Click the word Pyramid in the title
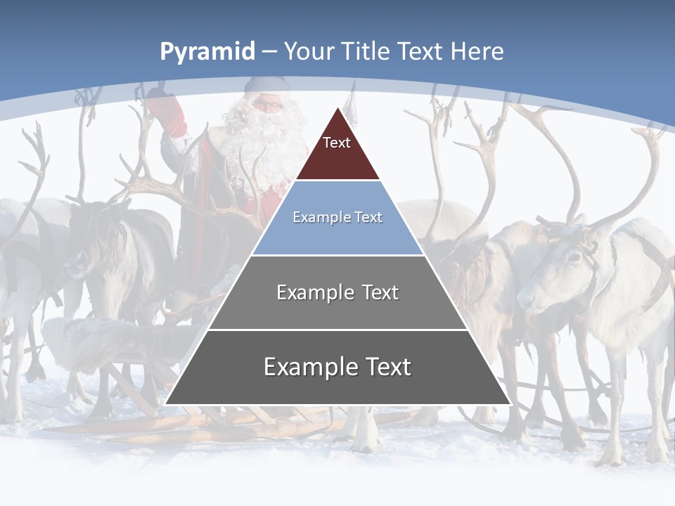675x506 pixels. [207, 52]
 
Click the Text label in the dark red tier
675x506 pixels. [337, 143]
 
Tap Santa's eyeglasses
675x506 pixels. [267, 105]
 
